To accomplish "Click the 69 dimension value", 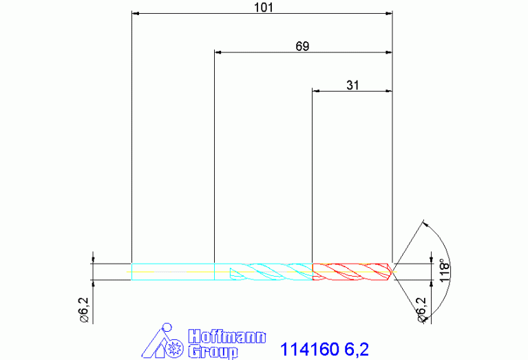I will tap(302, 46).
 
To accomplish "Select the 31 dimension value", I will tap(352, 85).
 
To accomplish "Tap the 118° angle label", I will tap(444, 272).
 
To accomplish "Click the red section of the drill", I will tap(351, 271).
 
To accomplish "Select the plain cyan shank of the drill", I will tap(172, 271).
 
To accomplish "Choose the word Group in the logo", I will tap(213, 351).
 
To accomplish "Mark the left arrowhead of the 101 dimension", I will tap(135, 13).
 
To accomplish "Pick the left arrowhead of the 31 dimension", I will tap(317, 90).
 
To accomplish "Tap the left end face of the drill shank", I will tap(131, 271).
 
